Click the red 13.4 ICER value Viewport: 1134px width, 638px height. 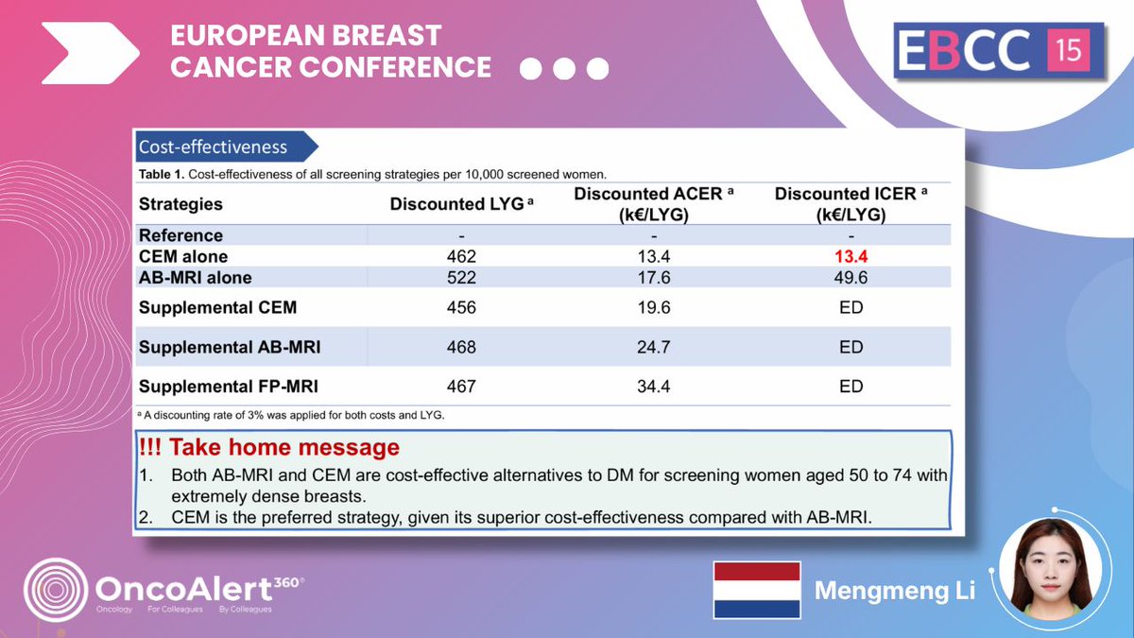[x=851, y=257]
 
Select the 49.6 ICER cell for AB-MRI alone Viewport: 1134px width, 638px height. [x=851, y=277]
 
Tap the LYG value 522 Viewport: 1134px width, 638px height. [x=461, y=277]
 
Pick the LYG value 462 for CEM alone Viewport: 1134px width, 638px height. [x=461, y=257]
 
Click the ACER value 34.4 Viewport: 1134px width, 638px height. [x=654, y=387]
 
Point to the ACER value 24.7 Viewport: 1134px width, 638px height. [x=654, y=347]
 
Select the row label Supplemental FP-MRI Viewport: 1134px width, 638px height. [x=229, y=387]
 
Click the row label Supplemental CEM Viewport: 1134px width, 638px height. [x=217, y=308]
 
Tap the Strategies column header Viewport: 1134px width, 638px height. [x=180, y=204]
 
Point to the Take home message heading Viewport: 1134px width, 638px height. [x=269, y=447]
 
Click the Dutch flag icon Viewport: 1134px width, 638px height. [x=756, y=591]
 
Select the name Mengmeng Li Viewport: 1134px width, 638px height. [x=894, y=592]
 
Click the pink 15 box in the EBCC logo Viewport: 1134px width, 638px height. [x=1069, y=49]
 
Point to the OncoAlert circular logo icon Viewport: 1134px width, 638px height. [x=56, y=591]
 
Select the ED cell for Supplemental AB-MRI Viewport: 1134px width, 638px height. [x=851, y=347]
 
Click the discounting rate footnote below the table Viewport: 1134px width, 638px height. [x=291, y=415]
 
